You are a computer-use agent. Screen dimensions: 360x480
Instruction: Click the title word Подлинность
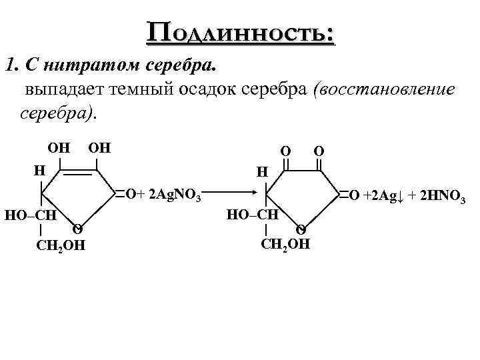coord(242,31)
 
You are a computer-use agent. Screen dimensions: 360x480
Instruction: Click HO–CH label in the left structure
coord(29,215)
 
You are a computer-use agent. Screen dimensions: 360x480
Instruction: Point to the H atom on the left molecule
coord(39,171)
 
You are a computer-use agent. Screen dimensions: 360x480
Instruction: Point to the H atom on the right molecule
coord(262,172)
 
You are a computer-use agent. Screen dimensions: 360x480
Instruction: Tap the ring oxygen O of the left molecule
coord(77,229)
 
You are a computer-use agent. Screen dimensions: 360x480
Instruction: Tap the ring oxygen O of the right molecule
coord(301,229)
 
